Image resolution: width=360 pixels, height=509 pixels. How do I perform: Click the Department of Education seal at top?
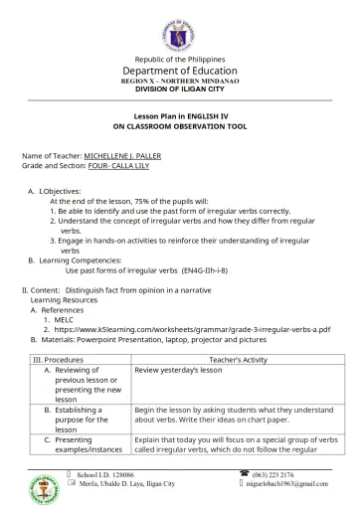coord(179,30)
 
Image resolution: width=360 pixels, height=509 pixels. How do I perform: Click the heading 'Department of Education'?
coord(179,71)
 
